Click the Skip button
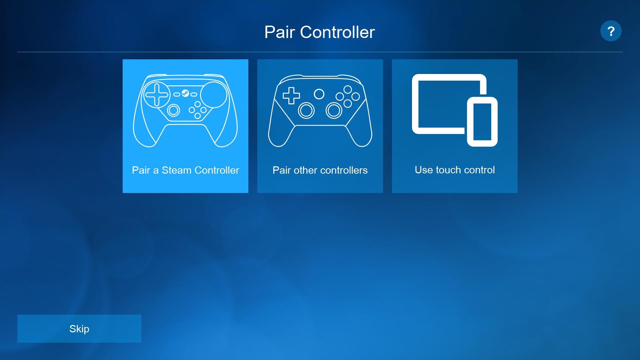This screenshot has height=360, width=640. pos(79,329)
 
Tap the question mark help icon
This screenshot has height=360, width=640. pos(611,31)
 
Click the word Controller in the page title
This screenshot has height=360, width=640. pos(337,32)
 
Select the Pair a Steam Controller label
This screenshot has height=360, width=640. pos(185,170)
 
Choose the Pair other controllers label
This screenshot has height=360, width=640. pos(320,170)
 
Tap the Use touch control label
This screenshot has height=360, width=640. pos(455,170)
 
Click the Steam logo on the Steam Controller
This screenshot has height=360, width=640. pos(185,93)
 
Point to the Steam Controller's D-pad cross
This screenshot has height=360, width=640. pos(157,95)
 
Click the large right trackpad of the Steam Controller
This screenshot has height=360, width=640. pos(214,95)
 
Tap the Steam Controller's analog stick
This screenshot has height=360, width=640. pos(173,110)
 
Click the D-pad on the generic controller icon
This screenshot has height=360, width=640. pos(291,96)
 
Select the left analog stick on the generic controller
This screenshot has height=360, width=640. pos(306,111)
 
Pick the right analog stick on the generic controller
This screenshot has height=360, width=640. pos(334,111)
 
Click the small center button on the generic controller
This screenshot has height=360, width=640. pos(319,94)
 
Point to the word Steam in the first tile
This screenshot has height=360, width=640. pos(177,170)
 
